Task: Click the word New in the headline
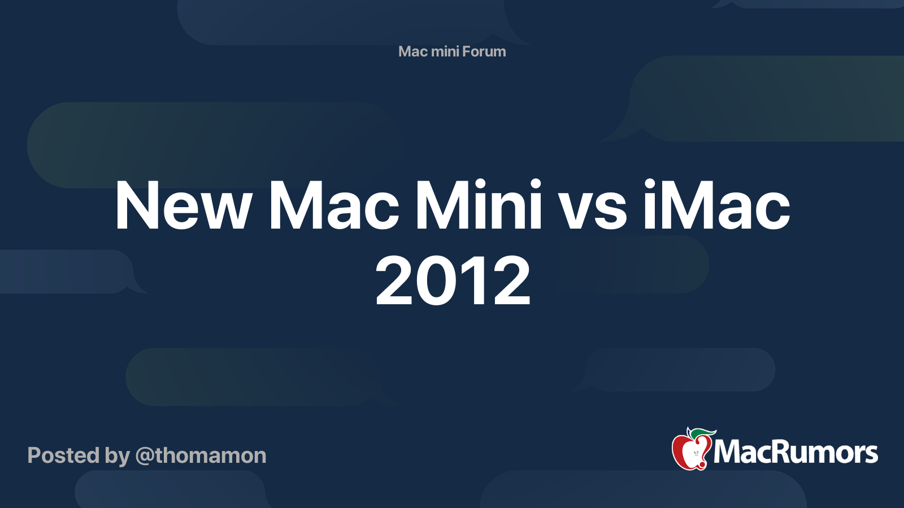(182, 205)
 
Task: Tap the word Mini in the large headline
(478, 205)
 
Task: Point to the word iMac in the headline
(716, 205)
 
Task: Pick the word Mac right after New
(334, 205)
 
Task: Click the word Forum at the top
(484, 51)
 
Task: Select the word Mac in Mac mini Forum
(412, 51)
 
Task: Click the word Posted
(63, 456)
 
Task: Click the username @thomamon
(201, 456)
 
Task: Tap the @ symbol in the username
(144, 456)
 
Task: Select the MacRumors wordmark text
(796, 452)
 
